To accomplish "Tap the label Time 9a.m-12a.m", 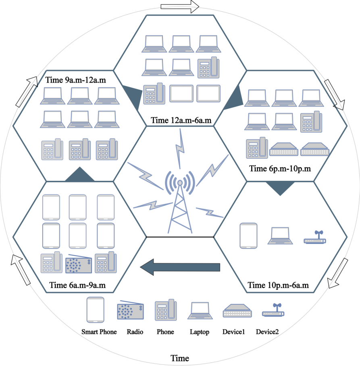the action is click(x=75, y=80).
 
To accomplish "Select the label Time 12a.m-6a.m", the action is click(x=181, y=120).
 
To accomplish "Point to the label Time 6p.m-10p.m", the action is click(x=280, y=169).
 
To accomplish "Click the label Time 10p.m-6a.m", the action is click(x=278, y=285).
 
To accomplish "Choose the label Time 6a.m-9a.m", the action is click(x=77, y=285).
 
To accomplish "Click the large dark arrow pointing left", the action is click(x=180, y=267).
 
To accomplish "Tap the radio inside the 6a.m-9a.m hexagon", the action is click(x=79, y=264).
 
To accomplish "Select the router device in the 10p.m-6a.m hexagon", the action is click(x=315, y=237).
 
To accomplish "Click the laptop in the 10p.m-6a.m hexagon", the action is click(x=280, y=236).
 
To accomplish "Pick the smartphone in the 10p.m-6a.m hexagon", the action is click(x=248, y=236).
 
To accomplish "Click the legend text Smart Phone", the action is click(x=99, y=332).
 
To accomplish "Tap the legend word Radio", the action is click(x=135, y=332).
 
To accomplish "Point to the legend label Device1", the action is click(x=233, y=332).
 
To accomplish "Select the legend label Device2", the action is click(x=267, y=332).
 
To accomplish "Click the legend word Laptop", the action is click(x=200, y=332).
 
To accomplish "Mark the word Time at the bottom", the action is click(x=180, y=358).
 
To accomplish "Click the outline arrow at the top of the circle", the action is click(x=180, y=6).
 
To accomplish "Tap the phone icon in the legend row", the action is click(x=166, y=310).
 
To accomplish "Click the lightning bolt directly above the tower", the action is click(x=180, y=149).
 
